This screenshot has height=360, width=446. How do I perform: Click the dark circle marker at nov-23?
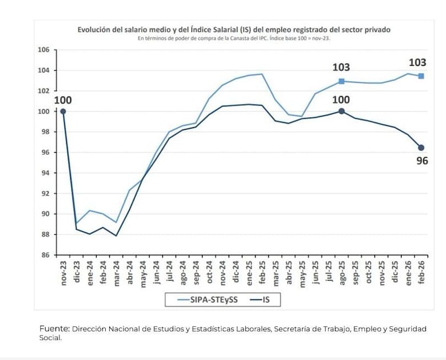[x=63, y=111]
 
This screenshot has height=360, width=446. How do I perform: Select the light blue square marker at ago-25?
[x=341, y=81]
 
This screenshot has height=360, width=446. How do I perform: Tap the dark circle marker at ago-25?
[x=341, y=111]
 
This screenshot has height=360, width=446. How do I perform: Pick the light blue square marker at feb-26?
[x=421, y=76]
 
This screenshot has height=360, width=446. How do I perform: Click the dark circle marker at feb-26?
[x=421, y=147]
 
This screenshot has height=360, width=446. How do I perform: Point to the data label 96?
[x=422, y=161]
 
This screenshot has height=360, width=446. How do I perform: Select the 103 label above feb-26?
[x=417, y=63]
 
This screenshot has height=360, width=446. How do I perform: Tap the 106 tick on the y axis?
[x=43, y=50]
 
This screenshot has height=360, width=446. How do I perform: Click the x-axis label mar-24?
[x=117, y=273]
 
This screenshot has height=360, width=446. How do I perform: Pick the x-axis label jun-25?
[x=315, y=273]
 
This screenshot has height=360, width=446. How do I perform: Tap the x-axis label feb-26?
[x=421, y=273]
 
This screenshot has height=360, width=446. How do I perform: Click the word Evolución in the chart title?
[x=95, y=30]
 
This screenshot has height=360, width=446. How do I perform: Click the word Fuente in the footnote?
[x=54, y=329]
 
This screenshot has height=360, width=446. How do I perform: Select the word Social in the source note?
[x=50, y=338]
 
